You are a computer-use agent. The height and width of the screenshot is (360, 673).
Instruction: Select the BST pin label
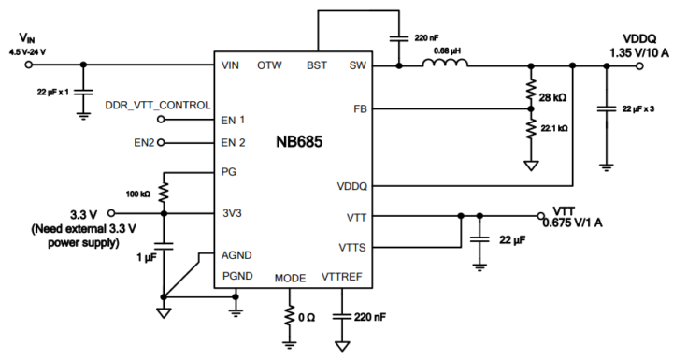(x=318, y=65)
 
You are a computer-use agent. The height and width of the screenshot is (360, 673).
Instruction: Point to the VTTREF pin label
(x=342, y=278)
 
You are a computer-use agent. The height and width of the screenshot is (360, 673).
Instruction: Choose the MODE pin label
(x=290, y=278)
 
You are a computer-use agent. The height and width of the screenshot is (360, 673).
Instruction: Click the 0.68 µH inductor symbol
(x=444, y=65)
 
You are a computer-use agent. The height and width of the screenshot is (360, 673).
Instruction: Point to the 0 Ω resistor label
(x=308, y=317)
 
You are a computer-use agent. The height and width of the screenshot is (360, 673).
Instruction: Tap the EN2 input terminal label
(x=144, y=142)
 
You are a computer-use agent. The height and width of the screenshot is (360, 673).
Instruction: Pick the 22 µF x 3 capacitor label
(x=639, y=108)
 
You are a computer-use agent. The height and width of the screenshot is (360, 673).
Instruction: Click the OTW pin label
(x=270, y=65)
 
